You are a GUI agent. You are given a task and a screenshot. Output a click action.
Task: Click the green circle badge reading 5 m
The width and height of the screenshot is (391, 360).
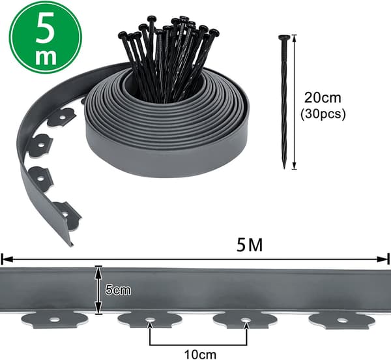(x=46, y=38)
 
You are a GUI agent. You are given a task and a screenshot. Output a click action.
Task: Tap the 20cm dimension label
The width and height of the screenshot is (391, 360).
(x=323, y=98)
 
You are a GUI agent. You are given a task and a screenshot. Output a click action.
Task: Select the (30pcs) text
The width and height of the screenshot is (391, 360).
(x=323, y=115)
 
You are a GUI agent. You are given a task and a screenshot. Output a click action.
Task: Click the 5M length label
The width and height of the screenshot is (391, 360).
(x=250, y=245)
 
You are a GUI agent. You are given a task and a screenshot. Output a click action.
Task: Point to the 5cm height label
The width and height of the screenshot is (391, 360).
(x=118, y=290)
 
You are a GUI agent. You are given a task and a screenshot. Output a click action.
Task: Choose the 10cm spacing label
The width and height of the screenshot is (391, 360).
(x=200, y=354)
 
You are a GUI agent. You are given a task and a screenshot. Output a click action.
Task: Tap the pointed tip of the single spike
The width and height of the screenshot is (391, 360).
(x=284, y=168)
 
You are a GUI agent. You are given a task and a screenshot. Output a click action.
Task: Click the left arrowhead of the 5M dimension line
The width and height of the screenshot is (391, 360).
(x=7, y=260)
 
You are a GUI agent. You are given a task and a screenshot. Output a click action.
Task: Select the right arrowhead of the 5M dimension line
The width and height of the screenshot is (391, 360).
(x=383, y=260)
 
